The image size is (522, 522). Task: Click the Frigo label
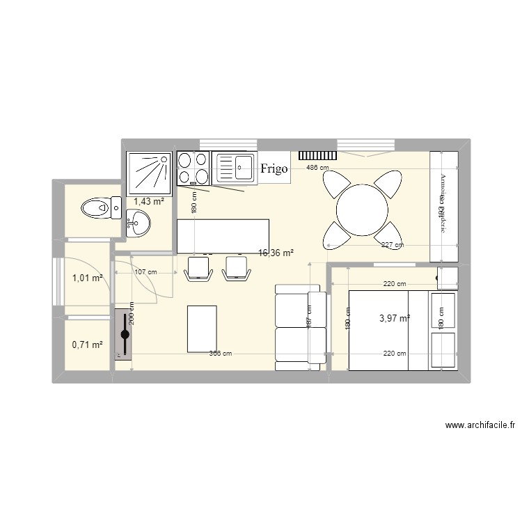274,169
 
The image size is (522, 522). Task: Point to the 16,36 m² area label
276,253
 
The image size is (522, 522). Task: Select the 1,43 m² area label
148,201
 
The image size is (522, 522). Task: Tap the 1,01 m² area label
87,278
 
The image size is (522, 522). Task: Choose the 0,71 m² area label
87,343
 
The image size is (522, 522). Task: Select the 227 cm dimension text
393,244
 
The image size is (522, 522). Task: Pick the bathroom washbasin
139,226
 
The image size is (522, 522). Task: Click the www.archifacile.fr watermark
480,425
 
